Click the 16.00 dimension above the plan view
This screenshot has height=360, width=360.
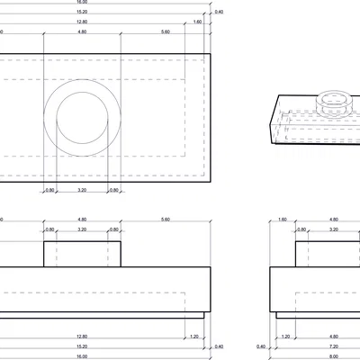click(x=82, y=3)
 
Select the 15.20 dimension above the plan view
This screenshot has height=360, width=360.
click(x=82, y=12)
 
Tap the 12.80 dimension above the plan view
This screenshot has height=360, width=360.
click(x=82, y=21)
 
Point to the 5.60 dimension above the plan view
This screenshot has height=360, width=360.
click(x=165, y=31)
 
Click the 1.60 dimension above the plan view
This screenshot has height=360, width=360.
click(x=197, y=21)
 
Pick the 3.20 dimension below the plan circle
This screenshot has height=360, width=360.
click(x=82, y=190)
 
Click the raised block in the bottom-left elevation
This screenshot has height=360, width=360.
click(x=82, y=254)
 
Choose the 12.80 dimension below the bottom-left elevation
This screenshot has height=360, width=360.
click(x=82, y=337)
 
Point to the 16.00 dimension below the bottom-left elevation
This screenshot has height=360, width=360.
click(x=82, y=355)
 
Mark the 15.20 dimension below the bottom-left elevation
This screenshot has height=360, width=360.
click(x=82, y=346)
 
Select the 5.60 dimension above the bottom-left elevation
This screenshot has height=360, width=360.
click(x=165, y=220)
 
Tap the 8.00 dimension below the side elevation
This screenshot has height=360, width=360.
click(x=333, y=355)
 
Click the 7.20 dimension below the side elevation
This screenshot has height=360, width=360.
click(x=333, y=346)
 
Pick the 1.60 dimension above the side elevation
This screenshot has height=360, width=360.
click(x=283, y=220)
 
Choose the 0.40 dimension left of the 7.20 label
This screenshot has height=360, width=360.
click(x=262, y=346)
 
